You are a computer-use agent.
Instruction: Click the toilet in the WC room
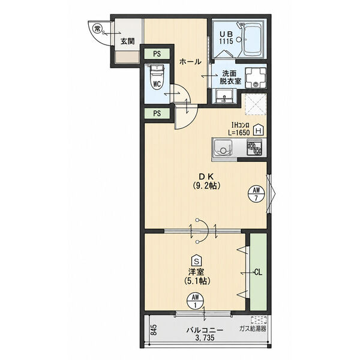pos(157,78)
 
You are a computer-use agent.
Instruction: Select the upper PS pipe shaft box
pos(157,54)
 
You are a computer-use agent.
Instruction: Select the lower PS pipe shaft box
pos(157,113)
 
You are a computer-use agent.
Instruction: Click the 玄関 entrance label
pos(128,41)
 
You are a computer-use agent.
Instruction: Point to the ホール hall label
pos(190,62)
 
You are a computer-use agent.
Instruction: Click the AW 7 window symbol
pos(256,194)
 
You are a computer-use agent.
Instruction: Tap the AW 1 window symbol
pos(196,301)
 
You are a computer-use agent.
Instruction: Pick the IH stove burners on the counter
pos(254,148)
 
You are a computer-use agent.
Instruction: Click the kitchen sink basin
pos(223,148)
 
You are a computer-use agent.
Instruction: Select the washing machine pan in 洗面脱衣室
pos(256,78)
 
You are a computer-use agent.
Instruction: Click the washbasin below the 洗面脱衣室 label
pos(224,96)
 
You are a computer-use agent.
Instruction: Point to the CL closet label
pos(258,272)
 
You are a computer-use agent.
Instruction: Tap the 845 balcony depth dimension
pos(154,329)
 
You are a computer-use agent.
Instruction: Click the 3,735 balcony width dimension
pos(205,338)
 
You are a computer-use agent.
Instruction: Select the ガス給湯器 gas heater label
pos(253,329)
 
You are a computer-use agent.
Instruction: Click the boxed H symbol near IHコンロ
pos(259,130)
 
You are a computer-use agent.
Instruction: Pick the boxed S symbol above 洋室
pos(197,260)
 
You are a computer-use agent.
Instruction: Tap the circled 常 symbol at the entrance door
pos(97,29)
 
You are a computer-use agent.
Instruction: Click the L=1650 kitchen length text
pos(239,133)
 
